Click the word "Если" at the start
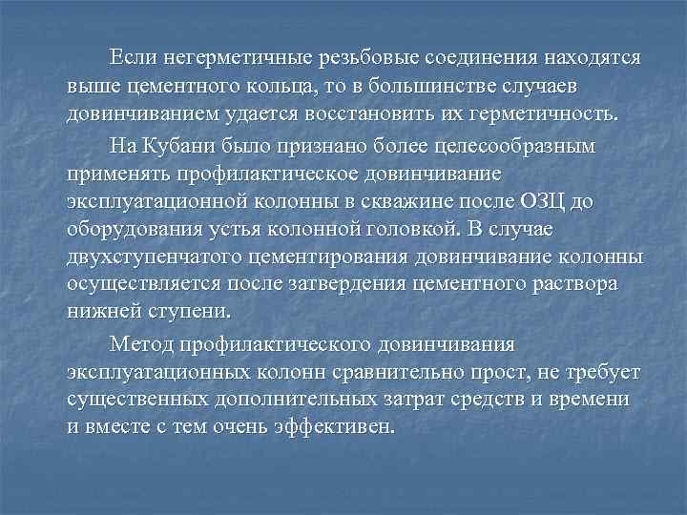click(132, 58)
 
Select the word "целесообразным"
click(517, 147)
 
